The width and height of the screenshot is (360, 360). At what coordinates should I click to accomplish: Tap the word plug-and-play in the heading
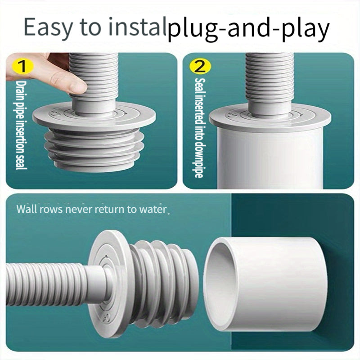tap(249, 29)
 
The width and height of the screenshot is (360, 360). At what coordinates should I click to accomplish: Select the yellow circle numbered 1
tap(23, 66)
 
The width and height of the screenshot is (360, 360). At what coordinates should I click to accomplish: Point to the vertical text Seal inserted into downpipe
tap(199, 128)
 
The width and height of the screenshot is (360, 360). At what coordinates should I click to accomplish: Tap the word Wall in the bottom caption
tap(26, 209)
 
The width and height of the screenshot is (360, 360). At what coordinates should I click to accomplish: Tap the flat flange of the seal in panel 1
tap(94, 117)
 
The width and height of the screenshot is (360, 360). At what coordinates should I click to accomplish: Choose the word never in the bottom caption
tap(79, 209)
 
